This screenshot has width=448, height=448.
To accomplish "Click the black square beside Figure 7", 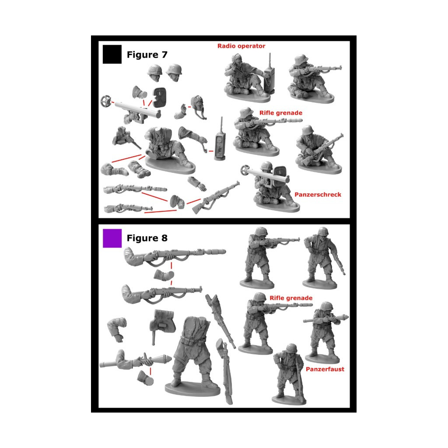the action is coord(112,54).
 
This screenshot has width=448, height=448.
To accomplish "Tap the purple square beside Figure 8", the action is coord(112,238).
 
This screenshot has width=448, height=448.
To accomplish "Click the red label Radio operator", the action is coord(241,46).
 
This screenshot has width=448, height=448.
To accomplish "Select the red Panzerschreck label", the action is coord(318,195).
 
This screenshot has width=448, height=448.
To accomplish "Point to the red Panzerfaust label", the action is coord(325,369).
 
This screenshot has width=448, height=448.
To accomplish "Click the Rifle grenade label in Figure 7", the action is coord(280,113).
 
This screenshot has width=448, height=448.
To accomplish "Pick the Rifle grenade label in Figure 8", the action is coord(291,298).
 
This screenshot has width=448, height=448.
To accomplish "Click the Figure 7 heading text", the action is coord(147,55).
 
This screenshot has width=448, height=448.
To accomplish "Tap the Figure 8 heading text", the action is coord(147,238).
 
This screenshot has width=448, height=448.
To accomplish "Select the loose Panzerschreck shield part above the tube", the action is coord(159,97).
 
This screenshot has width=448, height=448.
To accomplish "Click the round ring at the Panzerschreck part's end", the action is coord(105,101).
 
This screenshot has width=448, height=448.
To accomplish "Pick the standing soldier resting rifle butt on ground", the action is coord(289,374).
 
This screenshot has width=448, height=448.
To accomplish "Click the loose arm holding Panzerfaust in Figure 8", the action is coord(134,360).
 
